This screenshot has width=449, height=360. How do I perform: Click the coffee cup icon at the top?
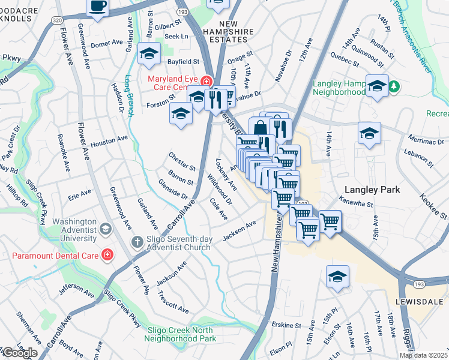tap(98, 7)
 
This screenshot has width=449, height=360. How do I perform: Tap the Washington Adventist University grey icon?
tap(106, 228)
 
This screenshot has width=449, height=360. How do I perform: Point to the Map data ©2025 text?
tap(423, 355)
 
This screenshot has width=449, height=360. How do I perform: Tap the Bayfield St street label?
tap(183, 61)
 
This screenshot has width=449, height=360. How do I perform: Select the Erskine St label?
tap(285, 325)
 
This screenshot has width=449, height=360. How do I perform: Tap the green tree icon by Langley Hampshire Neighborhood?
tap(394, 87)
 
